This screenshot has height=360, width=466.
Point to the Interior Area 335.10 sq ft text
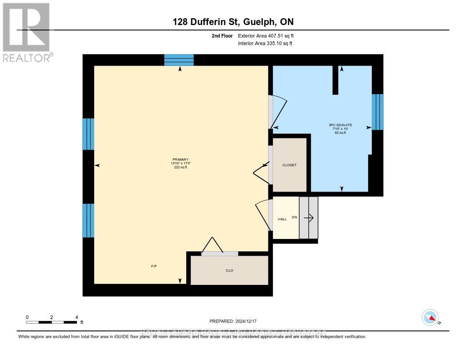pos(265,44)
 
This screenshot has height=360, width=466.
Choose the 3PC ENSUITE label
pos(340,125)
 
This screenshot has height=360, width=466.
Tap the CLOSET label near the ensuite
pos(289,165)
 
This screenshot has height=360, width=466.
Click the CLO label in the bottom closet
pos(229,270)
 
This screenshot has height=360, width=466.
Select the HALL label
pos(282,219)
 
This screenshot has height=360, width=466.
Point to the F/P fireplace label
pos(154,265)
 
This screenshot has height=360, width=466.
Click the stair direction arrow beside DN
pos(309,218)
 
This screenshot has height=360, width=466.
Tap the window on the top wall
pos(179,60)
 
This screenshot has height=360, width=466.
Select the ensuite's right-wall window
pos(377,112)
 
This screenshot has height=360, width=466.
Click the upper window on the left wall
pos(88,134)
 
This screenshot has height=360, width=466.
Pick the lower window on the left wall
pos(88,220)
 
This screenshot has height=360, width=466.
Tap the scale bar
pos(51,322)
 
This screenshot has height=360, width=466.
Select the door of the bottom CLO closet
pos(219,254)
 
